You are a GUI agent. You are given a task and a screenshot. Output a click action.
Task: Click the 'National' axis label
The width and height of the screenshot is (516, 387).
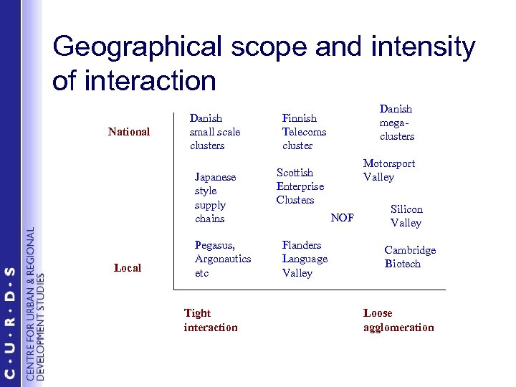click(129, 132)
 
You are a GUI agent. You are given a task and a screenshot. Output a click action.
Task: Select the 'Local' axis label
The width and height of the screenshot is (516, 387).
click(128, 268)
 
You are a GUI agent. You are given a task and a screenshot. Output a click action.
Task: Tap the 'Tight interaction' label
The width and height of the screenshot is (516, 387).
click(210, 320)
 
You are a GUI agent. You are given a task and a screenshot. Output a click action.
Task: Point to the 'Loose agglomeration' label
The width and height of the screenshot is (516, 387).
click(398, 320)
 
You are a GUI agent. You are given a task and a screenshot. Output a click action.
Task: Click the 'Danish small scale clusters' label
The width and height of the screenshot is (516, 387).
click(214, 132)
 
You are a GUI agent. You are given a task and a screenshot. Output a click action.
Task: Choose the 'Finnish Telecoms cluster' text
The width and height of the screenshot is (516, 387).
click(304, 132)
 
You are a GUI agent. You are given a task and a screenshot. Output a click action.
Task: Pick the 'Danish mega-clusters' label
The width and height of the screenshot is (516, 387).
click(396, 123)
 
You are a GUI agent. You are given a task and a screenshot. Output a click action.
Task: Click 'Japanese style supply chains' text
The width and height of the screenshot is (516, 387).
click(215, 198)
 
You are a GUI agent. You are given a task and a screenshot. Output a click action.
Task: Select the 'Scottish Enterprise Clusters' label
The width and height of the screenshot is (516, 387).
click(300, 186)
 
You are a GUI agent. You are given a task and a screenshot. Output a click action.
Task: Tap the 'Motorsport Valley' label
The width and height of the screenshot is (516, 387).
click(388, 170)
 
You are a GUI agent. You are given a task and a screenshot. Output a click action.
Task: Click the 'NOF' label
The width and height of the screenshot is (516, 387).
click(342, 218)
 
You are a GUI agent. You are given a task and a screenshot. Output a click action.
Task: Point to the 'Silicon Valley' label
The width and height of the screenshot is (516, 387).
click(406, 216)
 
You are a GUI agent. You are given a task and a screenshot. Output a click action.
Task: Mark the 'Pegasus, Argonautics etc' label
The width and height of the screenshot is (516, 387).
click(223, 259)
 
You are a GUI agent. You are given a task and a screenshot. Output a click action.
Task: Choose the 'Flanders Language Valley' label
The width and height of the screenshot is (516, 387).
click(305, 259)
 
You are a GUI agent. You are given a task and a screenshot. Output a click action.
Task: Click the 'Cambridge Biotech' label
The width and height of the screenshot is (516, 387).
click(410, 257)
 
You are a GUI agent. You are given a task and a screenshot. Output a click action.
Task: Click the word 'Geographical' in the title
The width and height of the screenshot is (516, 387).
click(137, 47)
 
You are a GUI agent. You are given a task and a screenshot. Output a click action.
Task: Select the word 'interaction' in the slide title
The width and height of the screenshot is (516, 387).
click(149, 81)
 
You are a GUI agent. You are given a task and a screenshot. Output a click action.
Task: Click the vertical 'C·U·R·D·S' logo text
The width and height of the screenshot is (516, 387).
click(9, 322)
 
